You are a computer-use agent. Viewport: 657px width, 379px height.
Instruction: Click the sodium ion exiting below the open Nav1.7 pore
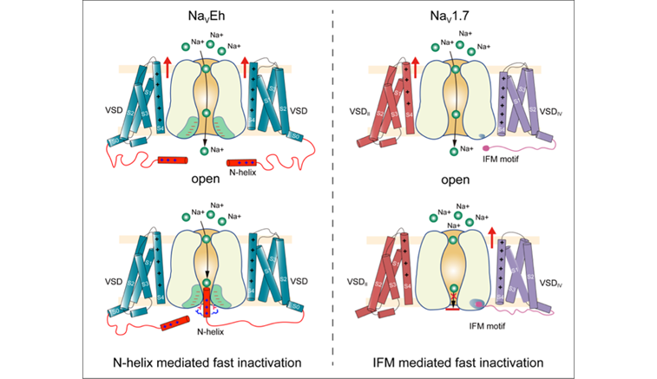454,153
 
